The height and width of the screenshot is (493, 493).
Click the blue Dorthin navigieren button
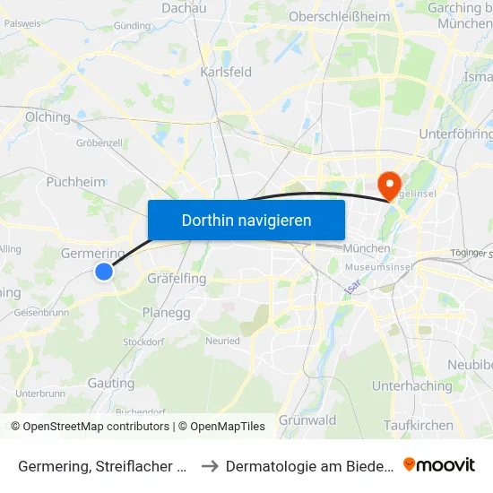(246, 220)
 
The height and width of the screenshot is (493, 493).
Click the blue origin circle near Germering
(104, 271)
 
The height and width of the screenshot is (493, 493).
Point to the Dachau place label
(184, 8)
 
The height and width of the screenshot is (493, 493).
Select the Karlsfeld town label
(226, 72)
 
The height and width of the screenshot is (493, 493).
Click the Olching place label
(48, 117)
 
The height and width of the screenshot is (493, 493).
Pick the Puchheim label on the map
(75, 181)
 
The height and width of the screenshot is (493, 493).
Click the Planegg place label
(165, 313)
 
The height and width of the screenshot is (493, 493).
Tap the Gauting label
(111, 383)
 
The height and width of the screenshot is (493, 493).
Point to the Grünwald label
(307, 420)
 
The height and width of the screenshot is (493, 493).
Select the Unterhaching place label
(411, 386)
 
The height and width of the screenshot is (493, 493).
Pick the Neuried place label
(223, 342)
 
